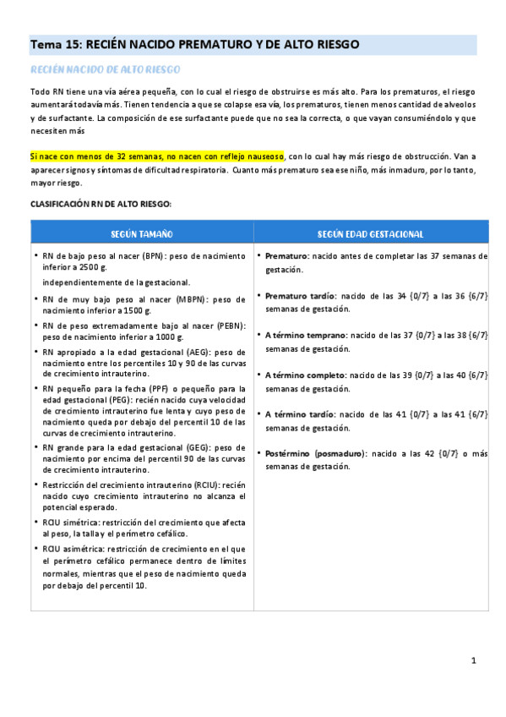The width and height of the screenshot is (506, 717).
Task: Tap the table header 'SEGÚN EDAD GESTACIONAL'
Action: pyautogui.click(x=371, y=233)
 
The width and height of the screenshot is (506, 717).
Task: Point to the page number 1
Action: pyautogui.click(x=474, y=660)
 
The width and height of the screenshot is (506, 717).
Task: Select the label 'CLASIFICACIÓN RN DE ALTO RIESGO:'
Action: pyautogui.click(x=101, y=204)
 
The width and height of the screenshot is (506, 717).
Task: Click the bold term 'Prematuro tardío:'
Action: pyautogui.click(x=301, y=296)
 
